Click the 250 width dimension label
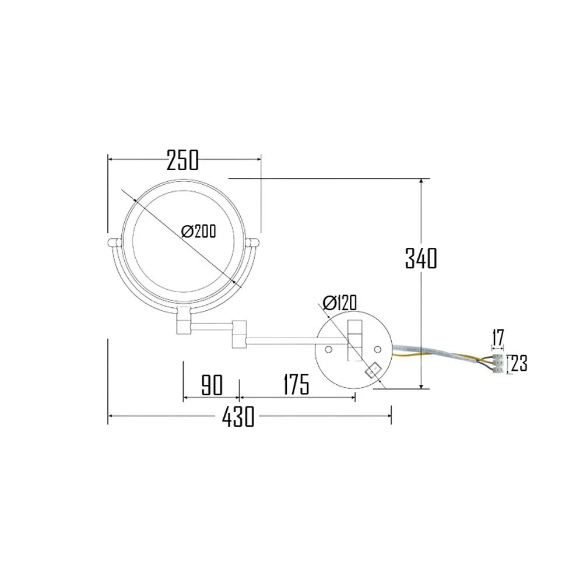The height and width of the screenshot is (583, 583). point(182,160)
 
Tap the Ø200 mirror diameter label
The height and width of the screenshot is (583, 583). point(198,231)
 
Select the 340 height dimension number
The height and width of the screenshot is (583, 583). point(420,258)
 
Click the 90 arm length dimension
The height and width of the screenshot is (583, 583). point(212,385)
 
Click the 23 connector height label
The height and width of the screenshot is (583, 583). point(519,364)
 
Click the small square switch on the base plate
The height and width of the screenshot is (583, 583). point(371,370)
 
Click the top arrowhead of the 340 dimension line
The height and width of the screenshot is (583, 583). point(420,182)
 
